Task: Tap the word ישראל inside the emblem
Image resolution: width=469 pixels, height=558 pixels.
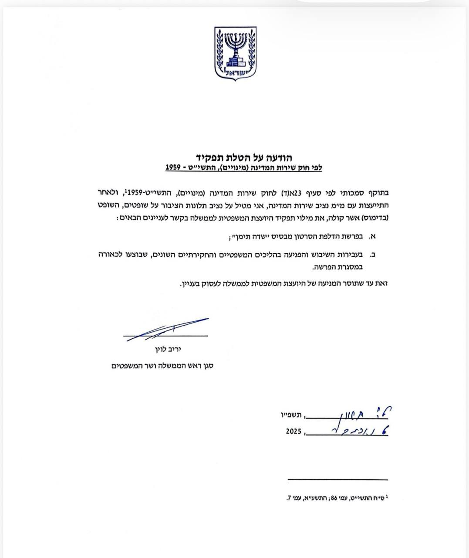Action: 236,72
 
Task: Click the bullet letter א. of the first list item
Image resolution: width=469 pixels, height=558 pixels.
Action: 372,237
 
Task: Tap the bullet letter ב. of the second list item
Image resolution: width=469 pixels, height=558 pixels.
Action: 372,254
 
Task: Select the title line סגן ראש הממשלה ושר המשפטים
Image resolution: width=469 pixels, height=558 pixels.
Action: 162,366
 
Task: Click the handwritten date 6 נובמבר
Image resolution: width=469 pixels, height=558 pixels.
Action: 348,431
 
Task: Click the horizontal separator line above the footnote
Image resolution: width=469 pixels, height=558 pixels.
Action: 337,480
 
